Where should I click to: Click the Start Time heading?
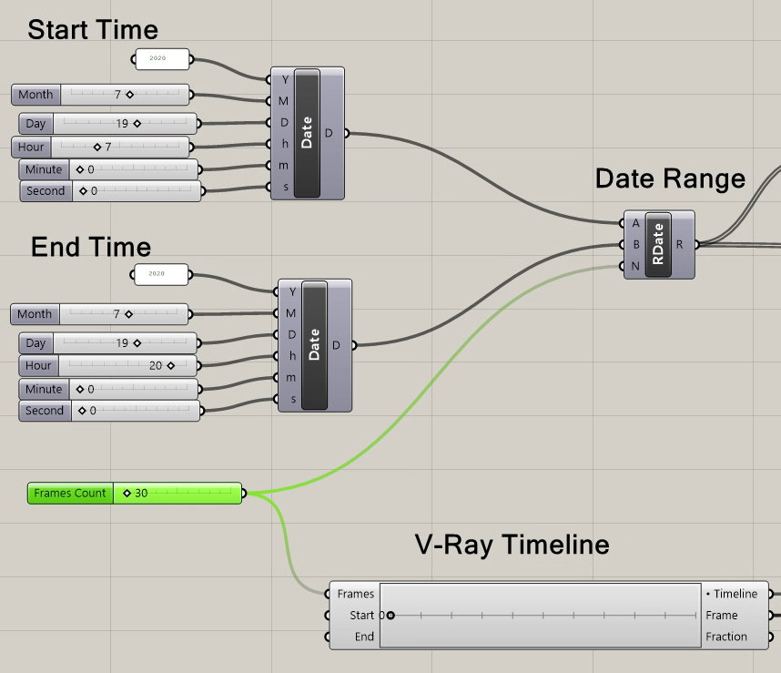pyautogui.click(x=93, y=29)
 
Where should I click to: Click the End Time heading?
pyautogui.click(x=91, y=247)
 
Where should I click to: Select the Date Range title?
pyautogui.click(x=670, y=178)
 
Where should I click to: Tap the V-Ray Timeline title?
pyautogui.click(x=512, y=545)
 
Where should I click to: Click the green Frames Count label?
pyautogui.click(x=70, y=494)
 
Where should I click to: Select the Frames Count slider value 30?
pyautogui.click(x=141, y=494)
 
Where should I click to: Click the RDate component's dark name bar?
pyautogui.click(x=658, y=244)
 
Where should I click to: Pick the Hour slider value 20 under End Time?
pyautogui.click(x=157, y=366)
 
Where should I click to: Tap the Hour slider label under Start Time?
pyautogui.click(x=31, y=147)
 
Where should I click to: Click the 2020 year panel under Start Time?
pyautogui.click(x=162, y=59)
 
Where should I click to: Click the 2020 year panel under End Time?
pyautogui.click(x=160, y=274)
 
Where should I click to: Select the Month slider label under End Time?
pyautogui.click(x=35, y=314)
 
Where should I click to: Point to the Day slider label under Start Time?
pyautogui.click(x=36, y=124)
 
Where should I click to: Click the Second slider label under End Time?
pyautogui.click(x=45, y=411)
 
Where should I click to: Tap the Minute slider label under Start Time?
pyautogui.click(x=44, y=169)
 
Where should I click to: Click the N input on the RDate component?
pyautogui.click(x=634, y=266)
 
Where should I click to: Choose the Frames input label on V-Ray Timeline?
pyautogui.click(x=355, y=594)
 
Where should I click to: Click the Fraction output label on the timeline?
pyautogui.click(x=725, y=637)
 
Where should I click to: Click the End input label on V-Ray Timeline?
pyautogui.click(x=364, y=637)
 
